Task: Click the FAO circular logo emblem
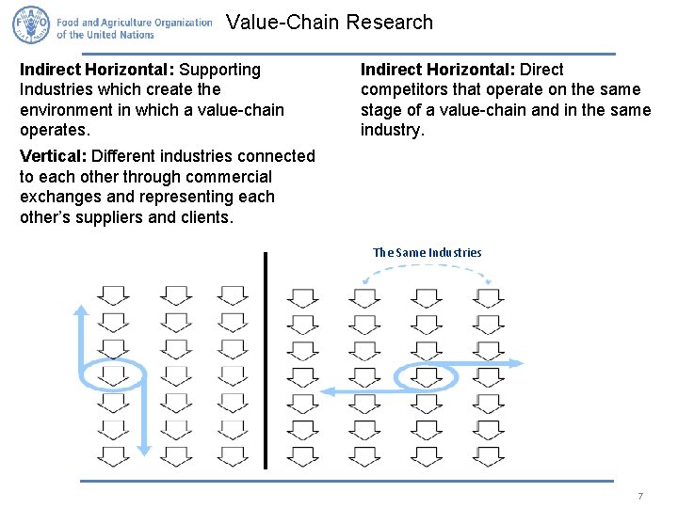[x=30, y=25]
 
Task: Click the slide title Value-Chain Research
[x=330, y=23]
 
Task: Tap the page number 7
[x=640, y=496]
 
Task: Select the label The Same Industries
[x=427, y=252]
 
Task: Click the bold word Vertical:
[x=53, y=156]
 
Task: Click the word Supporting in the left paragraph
[x=220, y=70]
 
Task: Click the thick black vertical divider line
[x=266, y=359]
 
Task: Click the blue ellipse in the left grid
[x=113, y=375]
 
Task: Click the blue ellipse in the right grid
[x=427, y=377]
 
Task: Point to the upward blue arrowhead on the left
[x=81, y=310]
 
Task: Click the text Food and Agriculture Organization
[x=134, y=22]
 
